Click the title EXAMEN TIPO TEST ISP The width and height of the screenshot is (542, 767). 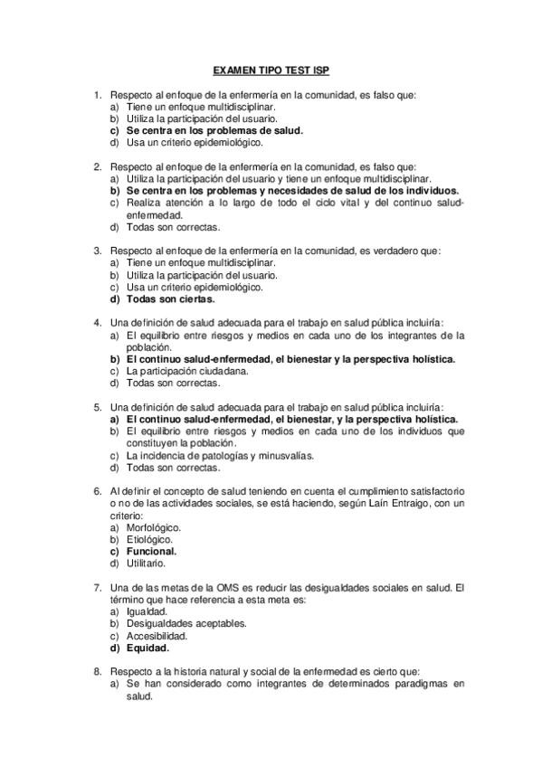tap(271, 69)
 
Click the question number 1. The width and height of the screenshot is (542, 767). tap(97, 95)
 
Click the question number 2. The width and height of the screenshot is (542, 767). tap(97, 167)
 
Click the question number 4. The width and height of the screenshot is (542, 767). tap(97, 323)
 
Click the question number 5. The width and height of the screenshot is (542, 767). tap(97, 407)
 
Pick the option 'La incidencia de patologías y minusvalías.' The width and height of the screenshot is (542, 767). tap(218, 456)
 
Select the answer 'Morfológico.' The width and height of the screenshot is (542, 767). tap(153, 527)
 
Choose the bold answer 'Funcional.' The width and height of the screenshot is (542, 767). tap(151, 551)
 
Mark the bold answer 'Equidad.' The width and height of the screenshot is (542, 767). tap(147, 648)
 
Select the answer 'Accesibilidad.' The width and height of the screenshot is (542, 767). tap(159, 636)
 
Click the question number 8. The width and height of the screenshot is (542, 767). tap(97, 672)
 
